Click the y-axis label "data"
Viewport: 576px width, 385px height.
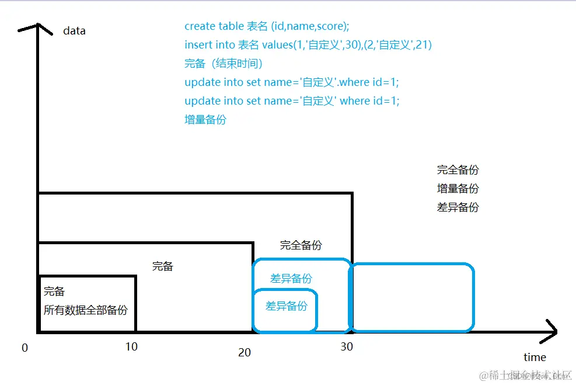[74, 30]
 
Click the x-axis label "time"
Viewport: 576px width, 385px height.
[535, 357]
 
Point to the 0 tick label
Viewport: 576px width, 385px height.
[25, 348]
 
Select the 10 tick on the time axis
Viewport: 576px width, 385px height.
[131, 346]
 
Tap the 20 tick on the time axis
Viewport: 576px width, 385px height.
[245, 352]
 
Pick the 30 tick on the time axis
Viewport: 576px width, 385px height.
[347, 346]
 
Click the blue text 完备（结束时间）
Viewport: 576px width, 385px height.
[224, 64]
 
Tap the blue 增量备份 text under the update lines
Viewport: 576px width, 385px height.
[205, 120]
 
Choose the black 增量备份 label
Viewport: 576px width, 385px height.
[458, 189]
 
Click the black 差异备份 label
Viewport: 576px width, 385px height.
[458, 207]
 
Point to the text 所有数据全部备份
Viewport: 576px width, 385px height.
[85, 310]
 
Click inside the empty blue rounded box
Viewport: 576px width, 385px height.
[412, 297]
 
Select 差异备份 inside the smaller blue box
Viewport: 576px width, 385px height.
[286, 306]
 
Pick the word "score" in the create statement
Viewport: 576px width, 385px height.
[331, 26]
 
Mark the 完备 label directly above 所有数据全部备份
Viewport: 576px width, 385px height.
[54, 292]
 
